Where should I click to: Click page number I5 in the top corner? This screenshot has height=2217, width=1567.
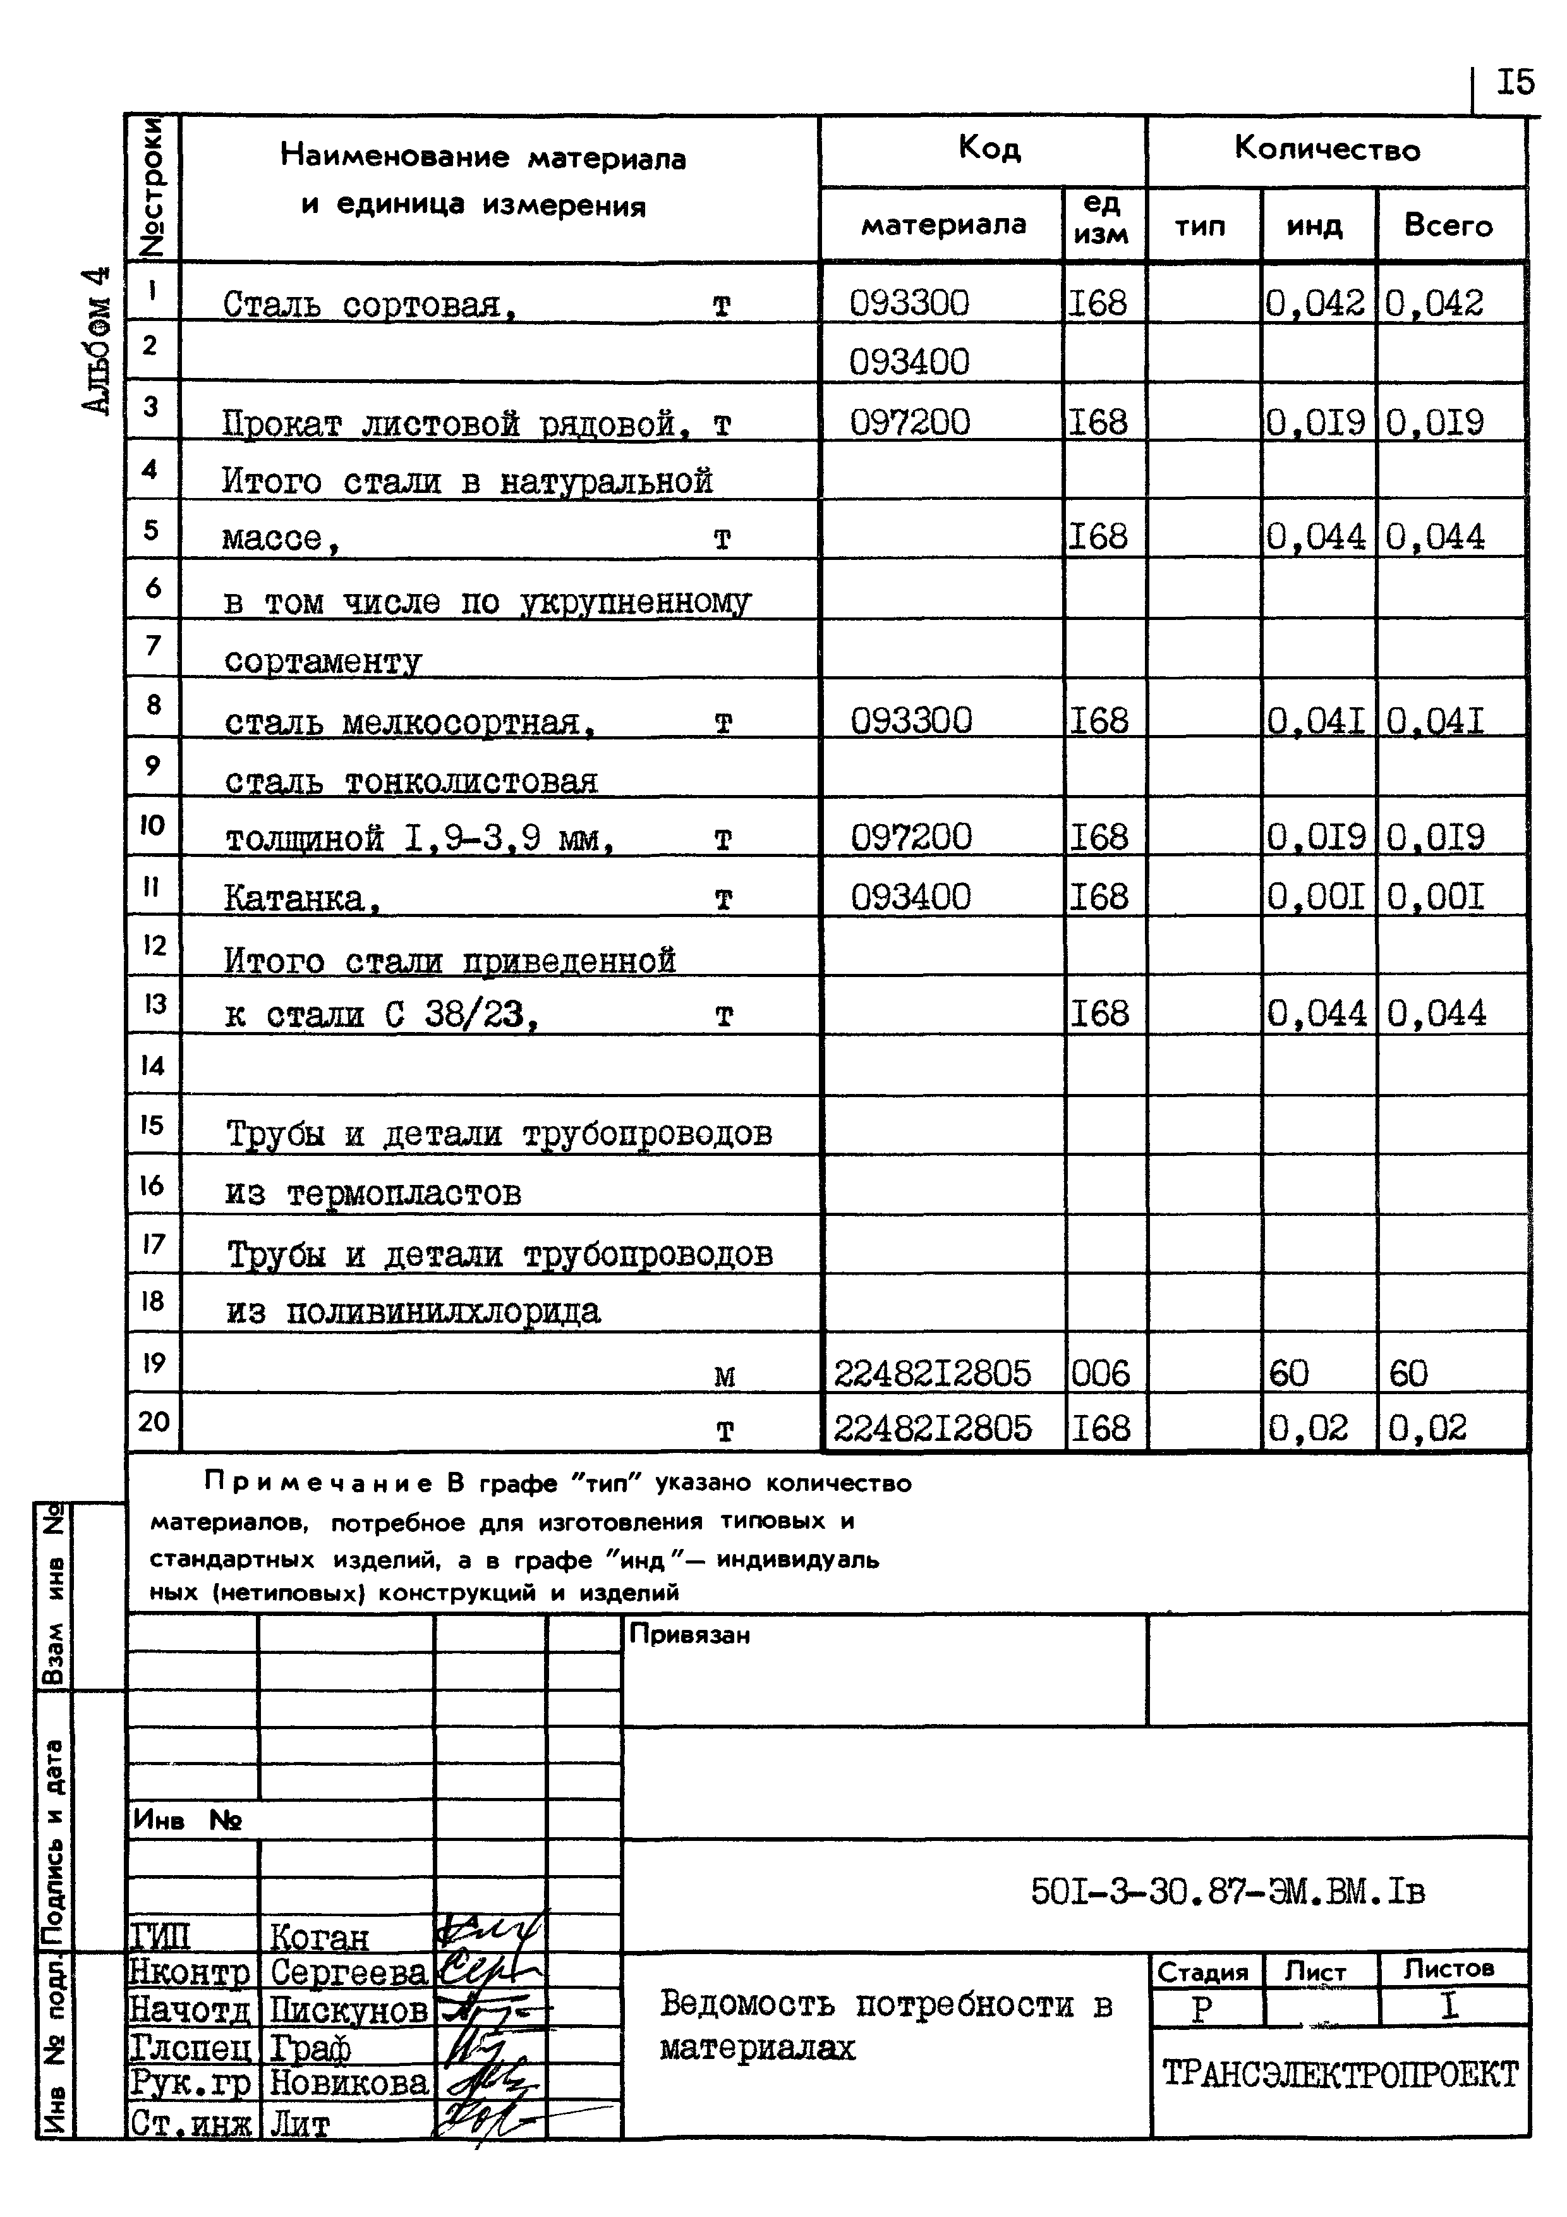click(x=1514, y=83)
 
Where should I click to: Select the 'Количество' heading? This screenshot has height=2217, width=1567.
click(x=1327, y=150)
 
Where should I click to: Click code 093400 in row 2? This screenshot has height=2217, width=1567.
click(x=909, y=362)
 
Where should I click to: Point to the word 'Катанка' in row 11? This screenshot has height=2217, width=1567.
click(x=294, y=899)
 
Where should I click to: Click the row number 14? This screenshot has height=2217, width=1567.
click(x=152, y=1065)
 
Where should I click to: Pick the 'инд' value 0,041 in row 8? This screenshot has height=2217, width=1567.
click(x=1315, y=721)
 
